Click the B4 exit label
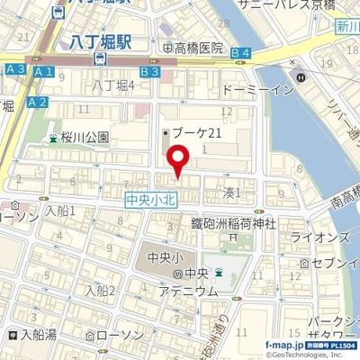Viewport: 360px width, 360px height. [x=238, y=54]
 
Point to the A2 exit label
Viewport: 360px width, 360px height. [x=37, y=103]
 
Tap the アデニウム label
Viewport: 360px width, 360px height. [x=187, y=291]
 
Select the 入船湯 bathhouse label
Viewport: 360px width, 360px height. [x=37, y=334]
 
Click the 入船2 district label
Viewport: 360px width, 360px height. [x=101, y=290]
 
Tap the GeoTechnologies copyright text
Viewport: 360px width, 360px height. [x=305, y=354]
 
